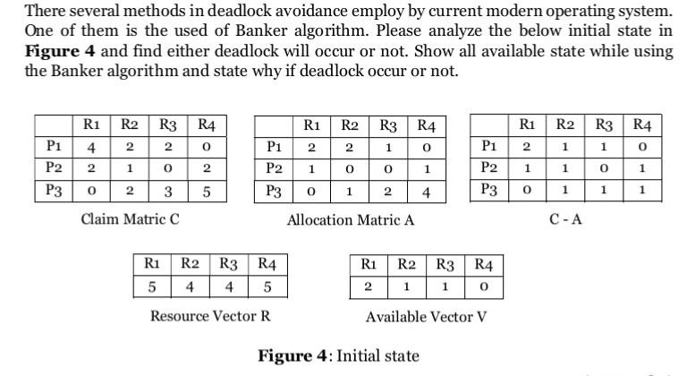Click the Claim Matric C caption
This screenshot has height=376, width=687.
(x=130, y=218)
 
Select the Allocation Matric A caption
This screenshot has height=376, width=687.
(x=350, y=219)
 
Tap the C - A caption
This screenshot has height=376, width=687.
(x=565, y=218)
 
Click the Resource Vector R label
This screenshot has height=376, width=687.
(x=210, y=316)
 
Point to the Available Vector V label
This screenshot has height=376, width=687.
(x=426, y=317)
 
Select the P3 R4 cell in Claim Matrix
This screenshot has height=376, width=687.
(x=207, y=191)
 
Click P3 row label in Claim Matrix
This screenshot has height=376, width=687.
(x=53, y=190)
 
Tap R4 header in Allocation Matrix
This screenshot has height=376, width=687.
(x=427, y=125)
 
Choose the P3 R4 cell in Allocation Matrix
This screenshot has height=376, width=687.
(x=427, y=191)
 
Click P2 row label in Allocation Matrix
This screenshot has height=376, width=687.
(x=274, y=168)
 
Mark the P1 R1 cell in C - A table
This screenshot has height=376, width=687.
(x=528, y=146)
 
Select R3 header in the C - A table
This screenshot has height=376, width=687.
(x=604, y=124)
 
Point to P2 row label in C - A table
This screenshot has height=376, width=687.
(x=488, y=167)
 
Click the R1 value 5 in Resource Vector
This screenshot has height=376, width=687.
(x=152, y=288)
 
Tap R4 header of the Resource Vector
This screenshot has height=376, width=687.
(x=267, y=265)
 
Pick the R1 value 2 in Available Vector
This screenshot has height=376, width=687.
(x=368, y=288)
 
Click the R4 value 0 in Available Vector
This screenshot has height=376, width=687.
(x=483, y=288)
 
